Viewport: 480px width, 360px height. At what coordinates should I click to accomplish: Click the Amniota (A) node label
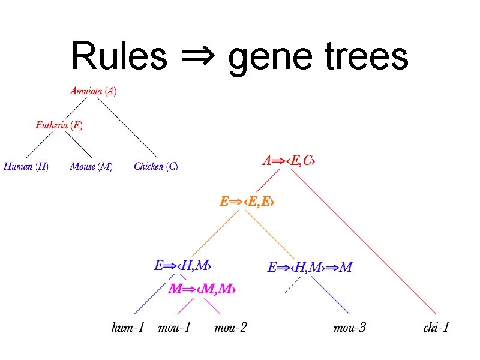94,91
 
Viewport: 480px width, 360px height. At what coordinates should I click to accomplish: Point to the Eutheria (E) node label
59,125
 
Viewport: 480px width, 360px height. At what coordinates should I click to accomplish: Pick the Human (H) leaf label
26,166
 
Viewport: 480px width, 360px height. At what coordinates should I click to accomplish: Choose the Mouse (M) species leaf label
91,166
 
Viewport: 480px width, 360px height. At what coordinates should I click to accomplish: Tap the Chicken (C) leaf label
156,166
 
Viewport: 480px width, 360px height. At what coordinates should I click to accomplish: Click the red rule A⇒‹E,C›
289,161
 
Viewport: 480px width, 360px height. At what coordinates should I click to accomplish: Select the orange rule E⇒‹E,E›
247,202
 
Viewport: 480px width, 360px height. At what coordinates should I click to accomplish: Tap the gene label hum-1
128,328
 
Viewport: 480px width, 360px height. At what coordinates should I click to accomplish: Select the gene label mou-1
174,328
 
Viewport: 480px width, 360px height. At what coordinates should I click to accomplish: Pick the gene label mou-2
230,328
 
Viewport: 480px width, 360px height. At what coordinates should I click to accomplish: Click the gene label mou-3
350,328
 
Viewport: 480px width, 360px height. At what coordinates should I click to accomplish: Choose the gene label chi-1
436,328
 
